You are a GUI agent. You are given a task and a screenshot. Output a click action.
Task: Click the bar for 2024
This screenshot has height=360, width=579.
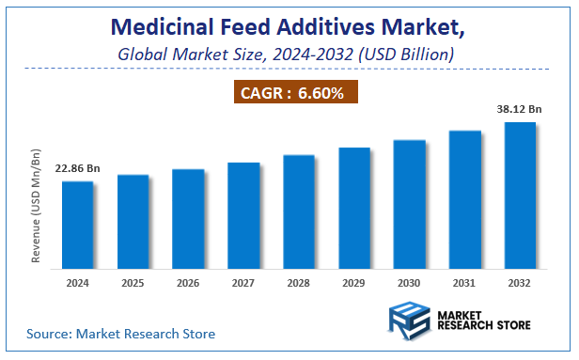click(78, 224)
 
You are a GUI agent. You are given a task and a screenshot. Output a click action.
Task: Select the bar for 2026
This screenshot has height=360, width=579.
click(188, 218)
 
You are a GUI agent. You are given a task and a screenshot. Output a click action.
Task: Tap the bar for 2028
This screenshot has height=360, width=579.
click(299, 211)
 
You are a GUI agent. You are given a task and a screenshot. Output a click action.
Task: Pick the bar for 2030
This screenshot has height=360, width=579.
click(409, 203)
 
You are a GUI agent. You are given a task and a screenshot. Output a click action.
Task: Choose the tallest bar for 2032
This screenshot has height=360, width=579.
click(520, 195)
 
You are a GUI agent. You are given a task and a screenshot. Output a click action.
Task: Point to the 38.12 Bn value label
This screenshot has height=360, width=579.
click(520, 108)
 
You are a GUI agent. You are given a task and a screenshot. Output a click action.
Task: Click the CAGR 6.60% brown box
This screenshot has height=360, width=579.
click(295, 92)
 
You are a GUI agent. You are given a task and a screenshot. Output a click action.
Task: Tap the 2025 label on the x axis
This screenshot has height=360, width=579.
click(133, 281)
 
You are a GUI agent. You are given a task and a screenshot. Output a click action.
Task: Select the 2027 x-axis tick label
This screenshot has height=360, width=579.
click(243, 281)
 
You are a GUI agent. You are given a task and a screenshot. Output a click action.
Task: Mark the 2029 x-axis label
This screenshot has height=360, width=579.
click(354, 281)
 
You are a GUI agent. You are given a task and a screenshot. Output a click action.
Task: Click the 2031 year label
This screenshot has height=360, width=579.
click(464, 281)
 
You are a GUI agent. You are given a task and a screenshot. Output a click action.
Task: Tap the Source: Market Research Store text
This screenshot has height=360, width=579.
click(120, 334)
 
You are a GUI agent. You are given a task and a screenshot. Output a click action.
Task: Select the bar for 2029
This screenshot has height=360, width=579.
click(354, 207)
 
